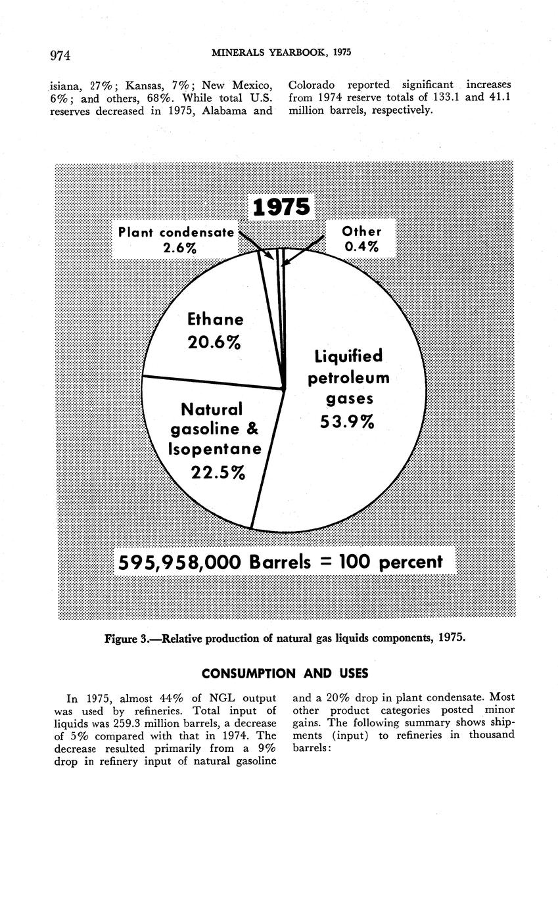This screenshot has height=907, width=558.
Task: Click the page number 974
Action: point(60,55)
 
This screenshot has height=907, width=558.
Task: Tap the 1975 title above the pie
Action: point(281,207)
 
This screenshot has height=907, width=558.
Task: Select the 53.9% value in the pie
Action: point(347,421)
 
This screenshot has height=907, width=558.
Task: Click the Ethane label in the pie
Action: point(216,319)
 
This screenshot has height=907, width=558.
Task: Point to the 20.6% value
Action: point(214,342)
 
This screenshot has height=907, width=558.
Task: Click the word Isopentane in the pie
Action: point(215,450)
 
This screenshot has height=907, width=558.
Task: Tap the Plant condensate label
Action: point(176,232)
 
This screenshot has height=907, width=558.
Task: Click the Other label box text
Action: point(361,231)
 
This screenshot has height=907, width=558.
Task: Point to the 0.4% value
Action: point(361,246)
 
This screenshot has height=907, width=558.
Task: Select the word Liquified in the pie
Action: point(348,356)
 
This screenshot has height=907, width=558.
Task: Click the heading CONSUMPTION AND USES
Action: point(285,674)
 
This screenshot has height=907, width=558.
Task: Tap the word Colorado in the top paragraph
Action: point(312,85)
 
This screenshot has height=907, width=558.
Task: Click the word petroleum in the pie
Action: point(348,379)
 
